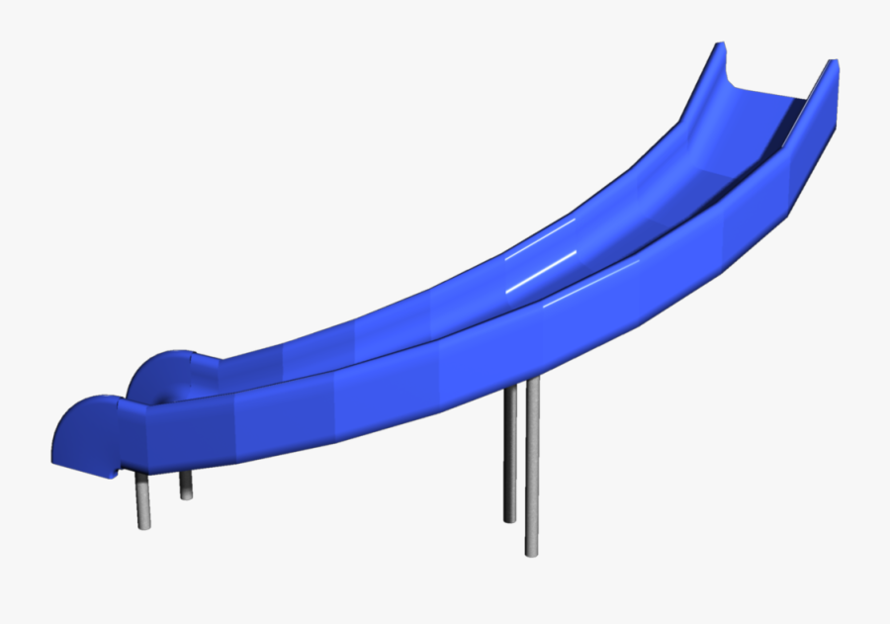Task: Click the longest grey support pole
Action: [532, 465]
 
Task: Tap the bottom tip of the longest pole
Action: [532, 551]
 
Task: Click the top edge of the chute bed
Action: [771, 94]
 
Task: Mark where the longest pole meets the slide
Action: [532, 382]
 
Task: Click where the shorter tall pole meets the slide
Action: [510, 390]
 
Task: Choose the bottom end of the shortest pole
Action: [186, 496]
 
